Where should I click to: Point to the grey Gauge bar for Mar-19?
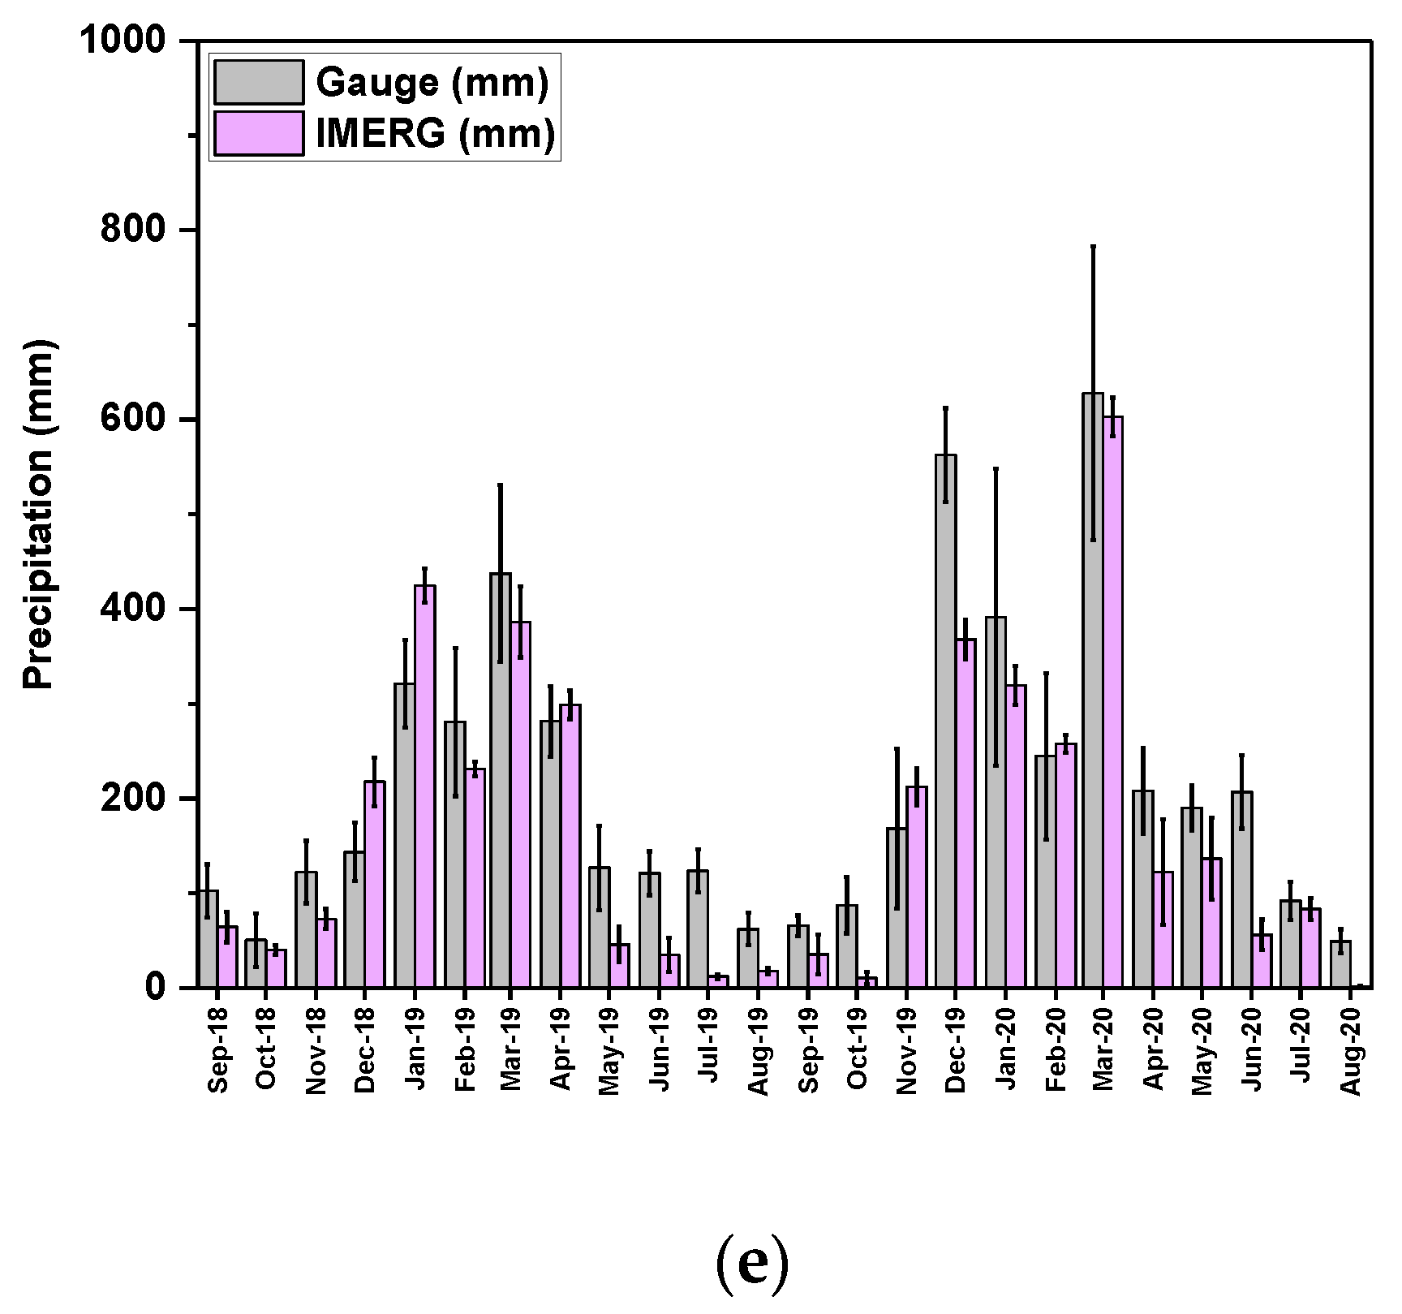pos(501,779)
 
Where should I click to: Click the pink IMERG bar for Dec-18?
pos(375,884)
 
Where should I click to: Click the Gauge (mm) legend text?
pos(432,83)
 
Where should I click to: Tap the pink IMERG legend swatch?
pos(259,133)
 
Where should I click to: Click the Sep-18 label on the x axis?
pos(218,1052)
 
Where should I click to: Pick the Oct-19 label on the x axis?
pos(858,1052)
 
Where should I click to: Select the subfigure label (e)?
pos(752,1264)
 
